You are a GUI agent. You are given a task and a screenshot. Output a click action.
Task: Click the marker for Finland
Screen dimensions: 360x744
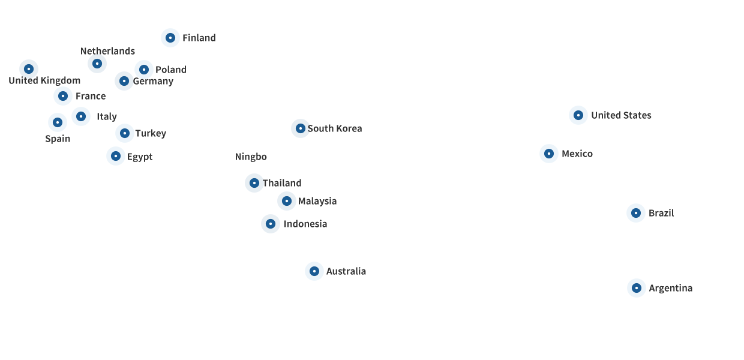170,38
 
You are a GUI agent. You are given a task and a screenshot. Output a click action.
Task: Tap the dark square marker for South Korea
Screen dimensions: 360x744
301,128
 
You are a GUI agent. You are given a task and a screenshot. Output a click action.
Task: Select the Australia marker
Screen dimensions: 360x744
314,271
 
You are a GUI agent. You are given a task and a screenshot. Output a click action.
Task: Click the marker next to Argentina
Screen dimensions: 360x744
637,288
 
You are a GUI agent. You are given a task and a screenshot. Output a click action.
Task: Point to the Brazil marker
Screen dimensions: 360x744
636,213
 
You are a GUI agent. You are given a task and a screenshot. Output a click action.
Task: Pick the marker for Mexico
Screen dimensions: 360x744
549,154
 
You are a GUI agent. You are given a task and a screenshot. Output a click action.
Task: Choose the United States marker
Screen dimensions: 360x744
578,115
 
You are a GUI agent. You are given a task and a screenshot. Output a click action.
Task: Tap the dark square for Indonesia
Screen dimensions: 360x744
271,224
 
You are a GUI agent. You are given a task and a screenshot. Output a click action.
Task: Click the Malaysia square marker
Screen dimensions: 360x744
287,201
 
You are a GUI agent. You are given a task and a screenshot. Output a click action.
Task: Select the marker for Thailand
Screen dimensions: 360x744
254,183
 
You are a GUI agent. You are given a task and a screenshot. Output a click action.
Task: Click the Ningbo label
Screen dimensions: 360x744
251,157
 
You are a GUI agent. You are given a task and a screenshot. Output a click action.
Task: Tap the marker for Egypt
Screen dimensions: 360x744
116,156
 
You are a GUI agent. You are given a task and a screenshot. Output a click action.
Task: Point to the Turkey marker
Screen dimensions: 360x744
125,133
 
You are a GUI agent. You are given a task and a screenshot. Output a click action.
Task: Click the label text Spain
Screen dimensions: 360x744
58,139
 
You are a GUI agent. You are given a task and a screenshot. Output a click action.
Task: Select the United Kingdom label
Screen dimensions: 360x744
44,81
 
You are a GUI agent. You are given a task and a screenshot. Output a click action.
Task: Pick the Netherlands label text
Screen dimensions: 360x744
107,51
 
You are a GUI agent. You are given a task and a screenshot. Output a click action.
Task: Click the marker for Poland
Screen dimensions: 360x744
144,70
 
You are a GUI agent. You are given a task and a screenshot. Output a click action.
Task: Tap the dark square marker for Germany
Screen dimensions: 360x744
124,81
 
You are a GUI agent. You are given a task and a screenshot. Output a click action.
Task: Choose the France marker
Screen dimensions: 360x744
63,96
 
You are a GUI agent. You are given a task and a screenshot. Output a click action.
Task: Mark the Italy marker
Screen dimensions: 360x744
81,116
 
